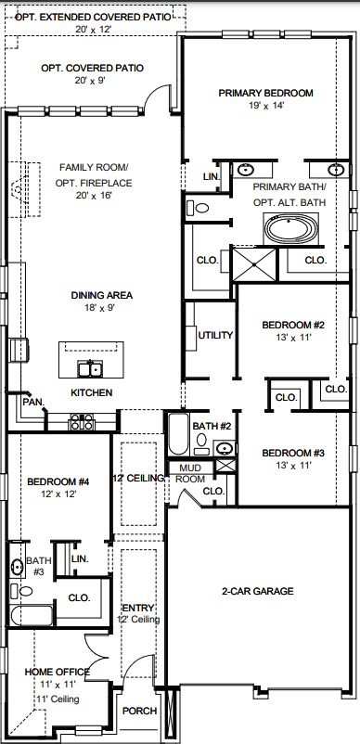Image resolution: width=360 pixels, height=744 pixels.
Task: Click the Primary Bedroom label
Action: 265,93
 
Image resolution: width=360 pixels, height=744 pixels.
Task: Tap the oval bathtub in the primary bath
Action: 290,229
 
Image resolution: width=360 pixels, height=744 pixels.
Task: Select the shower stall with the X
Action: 253,263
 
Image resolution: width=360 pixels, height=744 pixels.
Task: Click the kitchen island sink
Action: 90,368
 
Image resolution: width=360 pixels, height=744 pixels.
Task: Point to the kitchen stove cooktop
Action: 82,421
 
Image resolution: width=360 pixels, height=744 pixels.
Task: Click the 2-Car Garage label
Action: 258,591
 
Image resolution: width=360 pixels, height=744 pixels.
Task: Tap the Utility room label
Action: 215,336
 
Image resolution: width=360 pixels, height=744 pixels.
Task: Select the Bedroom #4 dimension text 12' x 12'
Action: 58,494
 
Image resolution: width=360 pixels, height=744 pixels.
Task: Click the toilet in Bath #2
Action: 201,443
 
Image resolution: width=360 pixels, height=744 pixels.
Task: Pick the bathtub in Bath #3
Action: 32,615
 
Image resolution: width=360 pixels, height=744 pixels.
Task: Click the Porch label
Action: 139,711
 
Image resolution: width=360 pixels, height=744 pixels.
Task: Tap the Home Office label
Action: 57,672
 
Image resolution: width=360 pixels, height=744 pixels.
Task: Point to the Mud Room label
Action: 190,473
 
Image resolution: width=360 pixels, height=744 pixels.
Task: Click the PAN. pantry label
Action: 33,402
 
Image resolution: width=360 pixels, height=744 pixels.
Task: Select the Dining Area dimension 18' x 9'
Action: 99,307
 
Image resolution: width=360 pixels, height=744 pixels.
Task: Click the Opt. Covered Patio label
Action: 92,69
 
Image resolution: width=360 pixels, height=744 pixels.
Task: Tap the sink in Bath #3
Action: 18,566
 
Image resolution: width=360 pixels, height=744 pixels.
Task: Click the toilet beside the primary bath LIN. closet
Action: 198,208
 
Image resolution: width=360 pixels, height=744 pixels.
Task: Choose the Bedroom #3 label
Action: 293,453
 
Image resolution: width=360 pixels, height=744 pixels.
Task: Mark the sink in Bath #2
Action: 225,447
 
